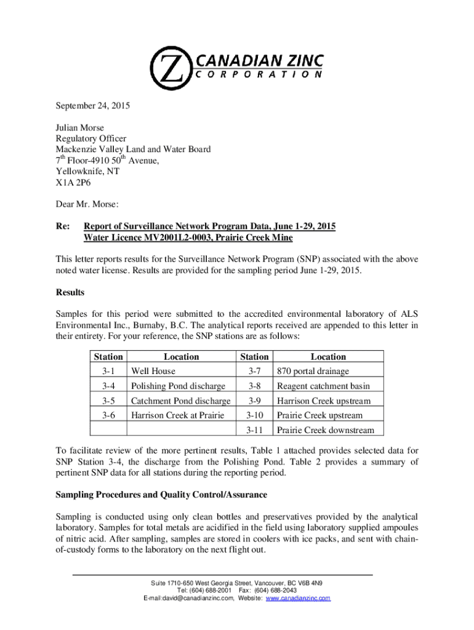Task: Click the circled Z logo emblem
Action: tap(172, 66)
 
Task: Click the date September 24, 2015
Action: tap(93, 106)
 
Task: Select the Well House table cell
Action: tap(153, 371)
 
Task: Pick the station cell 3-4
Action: tap(109, 386)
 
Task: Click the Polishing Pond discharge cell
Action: tap(177, 386)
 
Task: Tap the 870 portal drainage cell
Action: tap(313, 371)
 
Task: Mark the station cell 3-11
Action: tap(254, 430)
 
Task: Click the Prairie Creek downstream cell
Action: tap(328, 430)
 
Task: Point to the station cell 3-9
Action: tap(254, 401)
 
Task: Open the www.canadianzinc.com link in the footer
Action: tap(298, 598)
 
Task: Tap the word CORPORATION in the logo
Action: tap(259, 74)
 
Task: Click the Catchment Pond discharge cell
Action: tap(180, 401)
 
